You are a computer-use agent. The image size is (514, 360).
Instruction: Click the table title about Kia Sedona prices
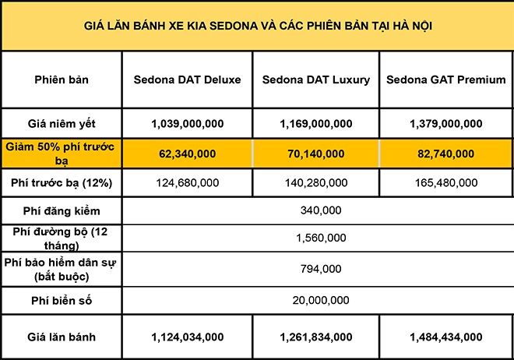coord(258,26)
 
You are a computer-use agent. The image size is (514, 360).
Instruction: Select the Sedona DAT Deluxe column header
coord(187,79)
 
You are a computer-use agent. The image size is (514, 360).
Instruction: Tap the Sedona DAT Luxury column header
coord(316,79)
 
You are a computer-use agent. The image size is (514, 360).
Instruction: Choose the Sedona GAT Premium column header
coord(446,79)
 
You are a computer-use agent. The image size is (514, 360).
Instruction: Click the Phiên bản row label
coord(62,79)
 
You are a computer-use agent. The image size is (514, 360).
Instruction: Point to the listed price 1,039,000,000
coord(187,124)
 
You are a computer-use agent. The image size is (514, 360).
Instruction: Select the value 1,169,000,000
coord(316,124)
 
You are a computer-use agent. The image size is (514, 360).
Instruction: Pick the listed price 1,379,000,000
coord(446,124)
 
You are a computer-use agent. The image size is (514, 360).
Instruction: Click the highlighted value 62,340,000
coord(187,154)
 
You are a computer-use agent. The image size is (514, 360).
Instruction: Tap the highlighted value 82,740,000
coord(446,154)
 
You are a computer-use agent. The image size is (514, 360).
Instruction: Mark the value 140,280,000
coord(316,183)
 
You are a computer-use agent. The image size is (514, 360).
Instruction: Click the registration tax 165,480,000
coord(446,183)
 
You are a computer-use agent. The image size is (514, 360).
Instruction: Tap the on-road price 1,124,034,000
coord(187,337)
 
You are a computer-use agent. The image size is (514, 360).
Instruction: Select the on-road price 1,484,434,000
coord(446,337)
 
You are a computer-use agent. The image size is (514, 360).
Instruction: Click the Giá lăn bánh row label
coord(62,337)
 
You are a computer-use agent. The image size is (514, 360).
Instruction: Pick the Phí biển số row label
coord(62,299)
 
